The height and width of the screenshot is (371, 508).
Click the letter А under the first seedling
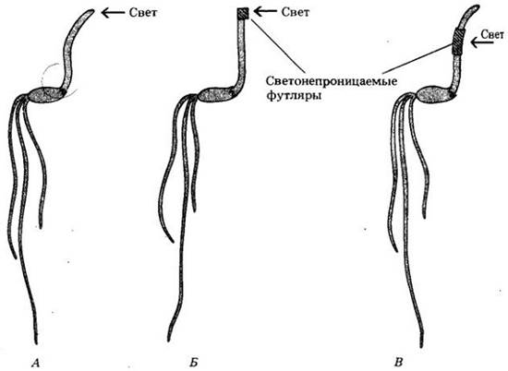[x=36, y=363]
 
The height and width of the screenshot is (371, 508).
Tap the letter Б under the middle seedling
[x=193, y=363]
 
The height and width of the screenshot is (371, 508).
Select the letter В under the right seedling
[x=398, y=363]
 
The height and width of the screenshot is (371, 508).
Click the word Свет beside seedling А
[x=143, y=13]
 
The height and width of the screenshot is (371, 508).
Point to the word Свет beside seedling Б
[x=296, y=12]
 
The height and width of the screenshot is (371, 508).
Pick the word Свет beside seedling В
[x=492, y=35]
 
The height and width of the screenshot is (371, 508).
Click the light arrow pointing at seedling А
[x=113, y=13]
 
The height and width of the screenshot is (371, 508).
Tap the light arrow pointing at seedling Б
[x=265, y=12]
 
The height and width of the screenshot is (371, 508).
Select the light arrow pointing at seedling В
[x=482, y=42]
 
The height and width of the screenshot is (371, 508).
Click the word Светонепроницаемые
[x=332, y=80]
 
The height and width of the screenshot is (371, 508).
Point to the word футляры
[x=294, y=96]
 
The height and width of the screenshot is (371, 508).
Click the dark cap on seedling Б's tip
[x=243, y=14]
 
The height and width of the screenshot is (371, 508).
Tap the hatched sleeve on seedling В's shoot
[x=458, y=42]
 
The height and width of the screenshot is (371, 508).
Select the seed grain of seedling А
[x=47, y=94]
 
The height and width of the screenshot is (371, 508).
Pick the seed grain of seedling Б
[x=216, y=95]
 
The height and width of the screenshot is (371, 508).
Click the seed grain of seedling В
[x=435, y=94]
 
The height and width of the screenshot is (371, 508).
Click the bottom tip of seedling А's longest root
[x=36, y=343]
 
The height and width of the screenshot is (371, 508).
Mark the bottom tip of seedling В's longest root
[x=421, y=346]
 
